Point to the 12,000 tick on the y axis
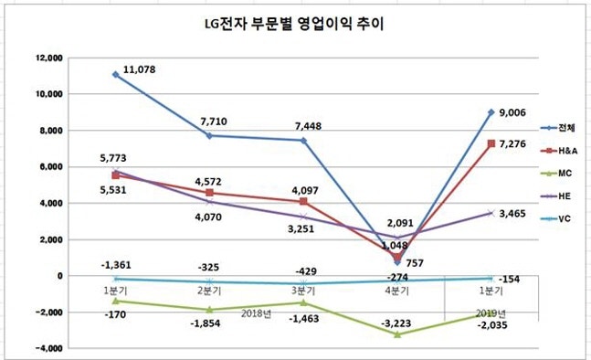coord(45,58)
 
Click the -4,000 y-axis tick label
coord(45,348)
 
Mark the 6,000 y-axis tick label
coord(47,166)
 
